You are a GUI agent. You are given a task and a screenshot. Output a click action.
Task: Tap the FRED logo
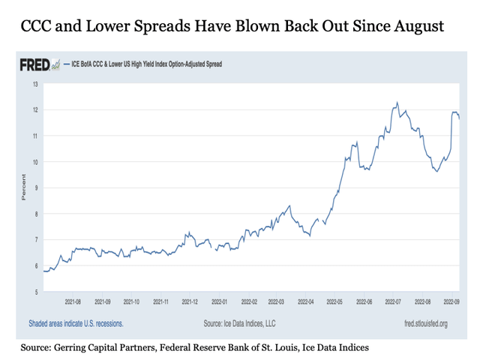pyautogui.click(x=38, y=65)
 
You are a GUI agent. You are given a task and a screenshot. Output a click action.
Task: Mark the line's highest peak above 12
pyautogui.click(x=397, y=103)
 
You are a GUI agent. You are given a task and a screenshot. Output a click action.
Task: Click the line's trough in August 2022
pyautogui.click(x=437, y=172)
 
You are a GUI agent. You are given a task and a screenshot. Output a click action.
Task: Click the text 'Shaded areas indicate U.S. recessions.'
pyautogui.click(x=76, y=323)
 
